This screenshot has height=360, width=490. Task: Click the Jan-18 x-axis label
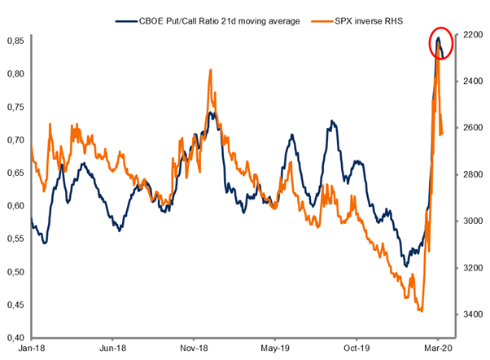[x=30, y=347]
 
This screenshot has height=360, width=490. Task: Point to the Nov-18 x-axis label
[x=194, y=347]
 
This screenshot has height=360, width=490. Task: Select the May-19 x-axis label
[x=275, y=347]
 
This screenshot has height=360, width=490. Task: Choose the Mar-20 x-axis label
[x=439, y=347]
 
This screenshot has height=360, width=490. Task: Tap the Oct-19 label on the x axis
[x=357, y=347]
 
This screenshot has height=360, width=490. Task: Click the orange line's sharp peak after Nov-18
[x=211, y=70]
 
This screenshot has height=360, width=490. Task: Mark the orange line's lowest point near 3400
[x=421, y=310]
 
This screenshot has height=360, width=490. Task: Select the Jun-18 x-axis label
[x=112, y=347]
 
